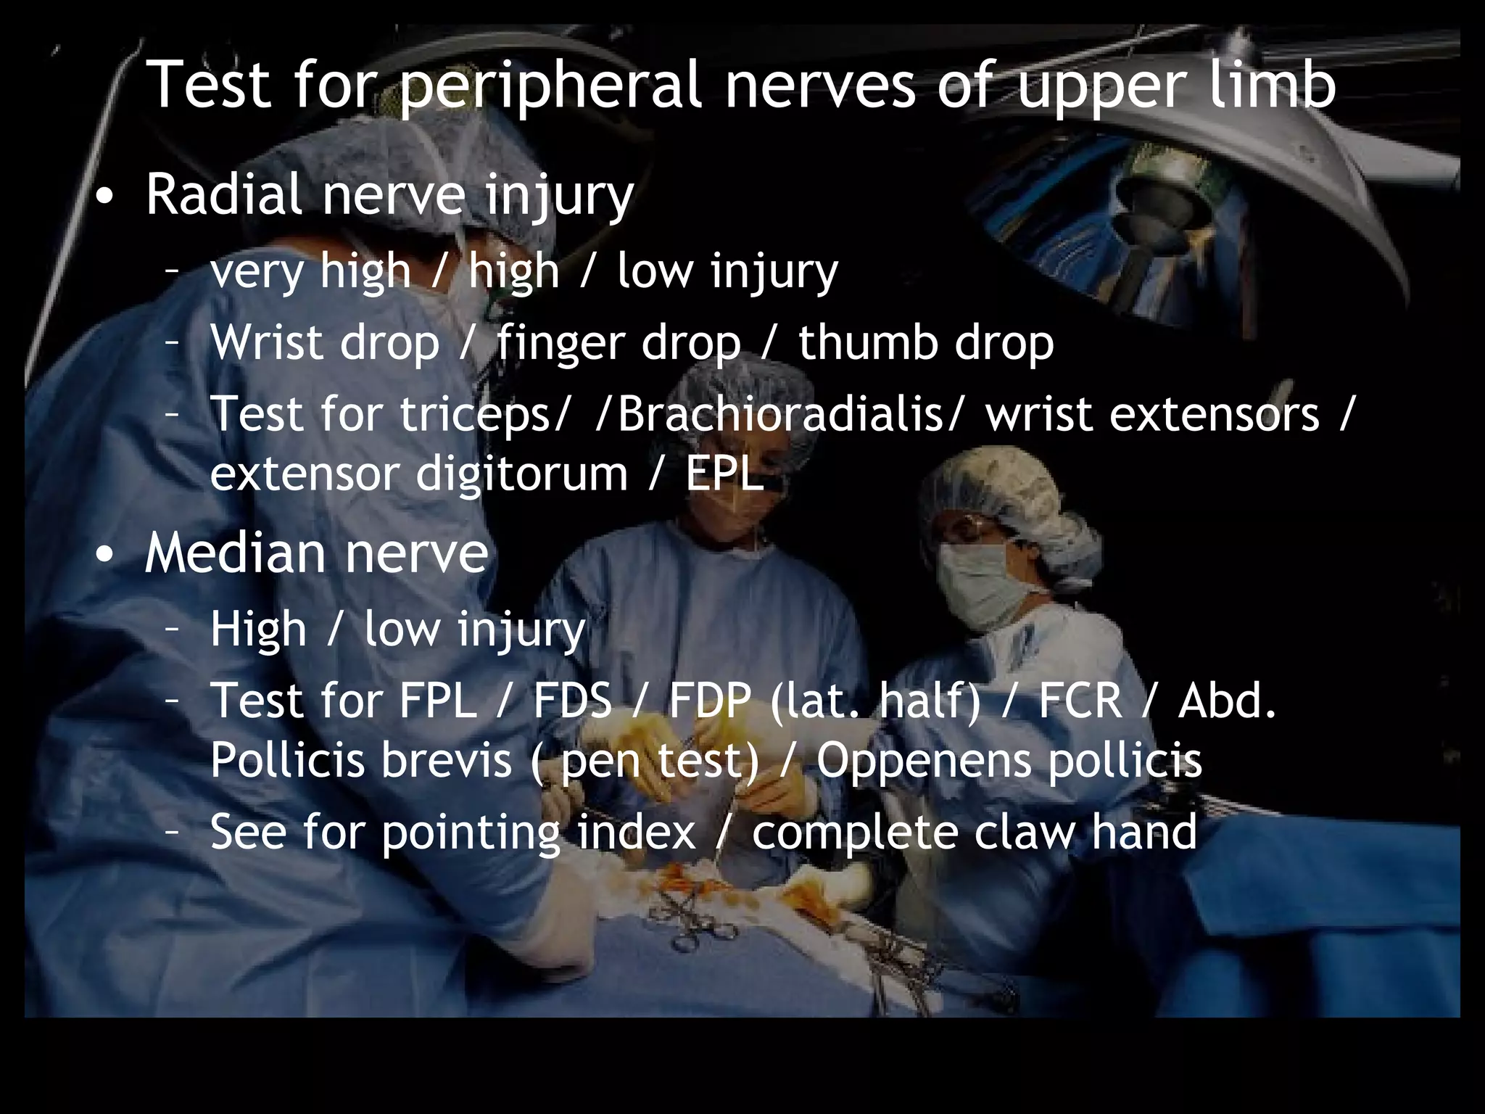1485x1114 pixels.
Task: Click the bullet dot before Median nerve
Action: point(107,554)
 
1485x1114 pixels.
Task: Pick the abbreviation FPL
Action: point(438,701)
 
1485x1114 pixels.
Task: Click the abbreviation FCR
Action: point(1080,701)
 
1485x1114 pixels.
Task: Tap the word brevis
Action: point(447,760)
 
